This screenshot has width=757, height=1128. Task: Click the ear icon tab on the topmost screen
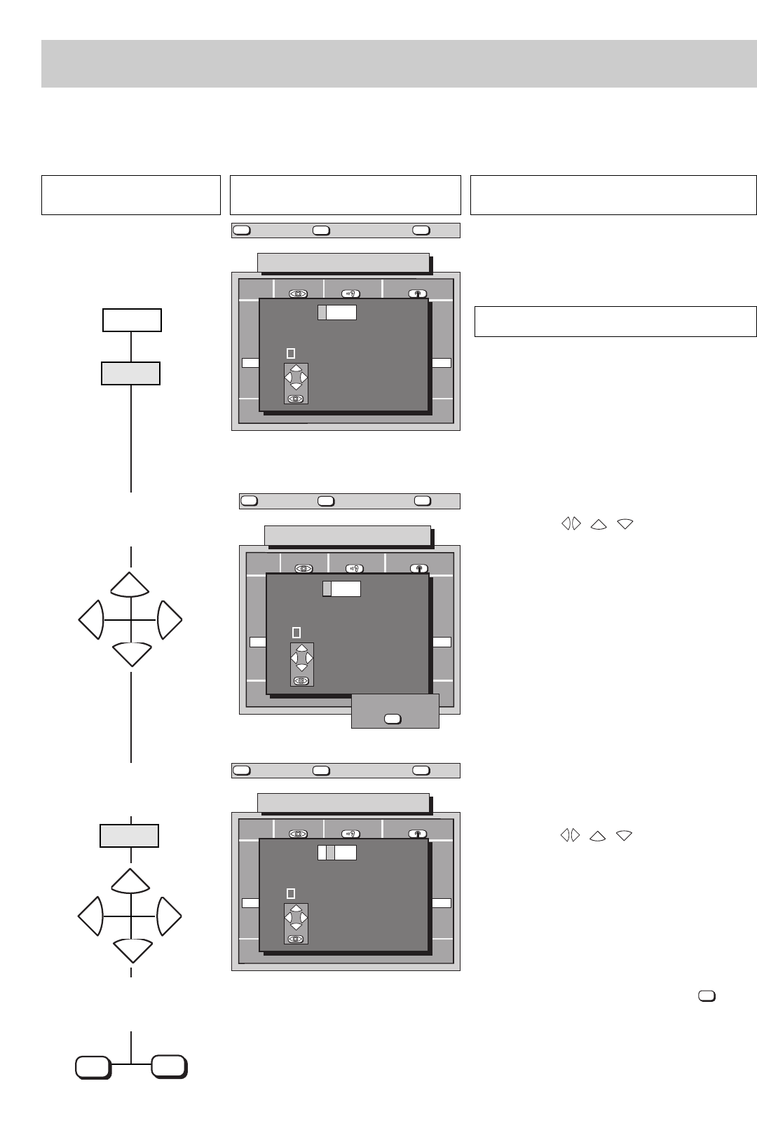352,294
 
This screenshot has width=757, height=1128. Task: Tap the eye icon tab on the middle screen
304,569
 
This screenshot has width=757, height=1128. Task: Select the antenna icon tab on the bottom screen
418,834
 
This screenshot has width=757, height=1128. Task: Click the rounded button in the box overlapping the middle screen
393,719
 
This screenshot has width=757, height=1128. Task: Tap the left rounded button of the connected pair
93,1068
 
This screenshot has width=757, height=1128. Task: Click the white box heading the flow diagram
132,320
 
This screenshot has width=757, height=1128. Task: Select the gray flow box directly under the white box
130,373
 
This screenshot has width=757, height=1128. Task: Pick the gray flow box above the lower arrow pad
130,836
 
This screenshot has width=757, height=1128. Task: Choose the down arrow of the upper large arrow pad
131,653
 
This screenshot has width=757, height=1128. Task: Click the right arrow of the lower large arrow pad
170,916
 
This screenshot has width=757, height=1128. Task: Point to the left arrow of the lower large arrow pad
91,916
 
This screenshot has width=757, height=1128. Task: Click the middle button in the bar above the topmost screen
322,230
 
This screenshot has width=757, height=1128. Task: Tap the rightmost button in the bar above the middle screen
423,501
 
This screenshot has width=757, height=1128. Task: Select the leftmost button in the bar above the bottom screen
241,771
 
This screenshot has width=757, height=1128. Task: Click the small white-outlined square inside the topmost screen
291,354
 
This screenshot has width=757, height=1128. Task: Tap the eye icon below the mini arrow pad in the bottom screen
296,939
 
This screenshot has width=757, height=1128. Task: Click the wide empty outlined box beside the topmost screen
615,322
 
